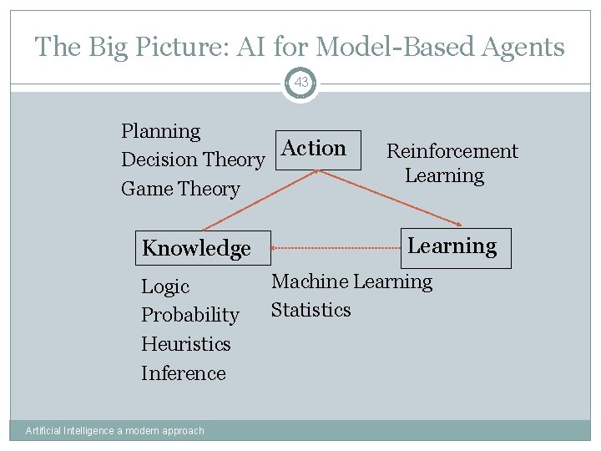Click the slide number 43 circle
point(300,83)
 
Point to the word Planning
point(160,132)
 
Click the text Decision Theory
point(193,160)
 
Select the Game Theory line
point(179,189)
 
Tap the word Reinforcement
point(452,151)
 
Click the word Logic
point(165,286)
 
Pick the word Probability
point(189,315)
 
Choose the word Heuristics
point(185,344)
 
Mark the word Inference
point(183,373)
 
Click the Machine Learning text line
point(351,282)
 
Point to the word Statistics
point(311,310)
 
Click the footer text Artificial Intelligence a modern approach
point(114,431)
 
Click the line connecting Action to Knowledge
point(259,200)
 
